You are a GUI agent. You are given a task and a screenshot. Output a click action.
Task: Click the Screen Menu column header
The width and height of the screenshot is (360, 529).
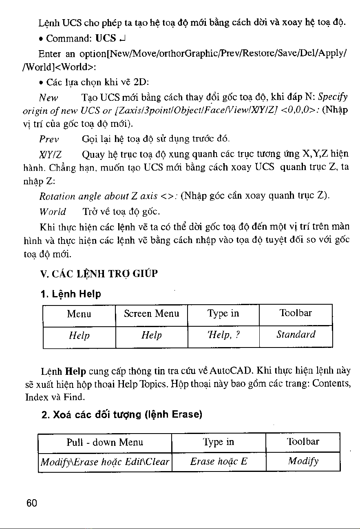(x=151, y=314)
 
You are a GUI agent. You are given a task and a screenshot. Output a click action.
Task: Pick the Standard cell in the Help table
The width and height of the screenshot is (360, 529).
(x=296, y=335)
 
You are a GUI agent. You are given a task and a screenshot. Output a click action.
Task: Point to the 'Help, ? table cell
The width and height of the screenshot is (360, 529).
(x=223, y=335)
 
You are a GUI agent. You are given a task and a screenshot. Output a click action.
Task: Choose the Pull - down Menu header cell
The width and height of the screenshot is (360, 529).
(x=105, y=442)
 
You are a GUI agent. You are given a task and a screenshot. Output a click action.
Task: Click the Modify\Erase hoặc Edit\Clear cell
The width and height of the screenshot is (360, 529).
(x=105, y=462)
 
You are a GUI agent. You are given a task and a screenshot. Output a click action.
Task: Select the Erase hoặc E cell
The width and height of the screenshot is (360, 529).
(x=219, y=462)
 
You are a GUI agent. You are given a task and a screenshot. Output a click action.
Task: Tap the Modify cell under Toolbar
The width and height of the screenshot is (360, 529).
(x=303, y=462)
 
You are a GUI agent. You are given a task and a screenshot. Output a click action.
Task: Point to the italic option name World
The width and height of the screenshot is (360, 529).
(x=52, y=212)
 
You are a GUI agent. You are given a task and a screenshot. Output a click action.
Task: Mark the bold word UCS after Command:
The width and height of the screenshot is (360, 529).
(x=104, y=40)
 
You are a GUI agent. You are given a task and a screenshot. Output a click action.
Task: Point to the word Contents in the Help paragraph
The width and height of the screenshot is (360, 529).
(x=331, y=383)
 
